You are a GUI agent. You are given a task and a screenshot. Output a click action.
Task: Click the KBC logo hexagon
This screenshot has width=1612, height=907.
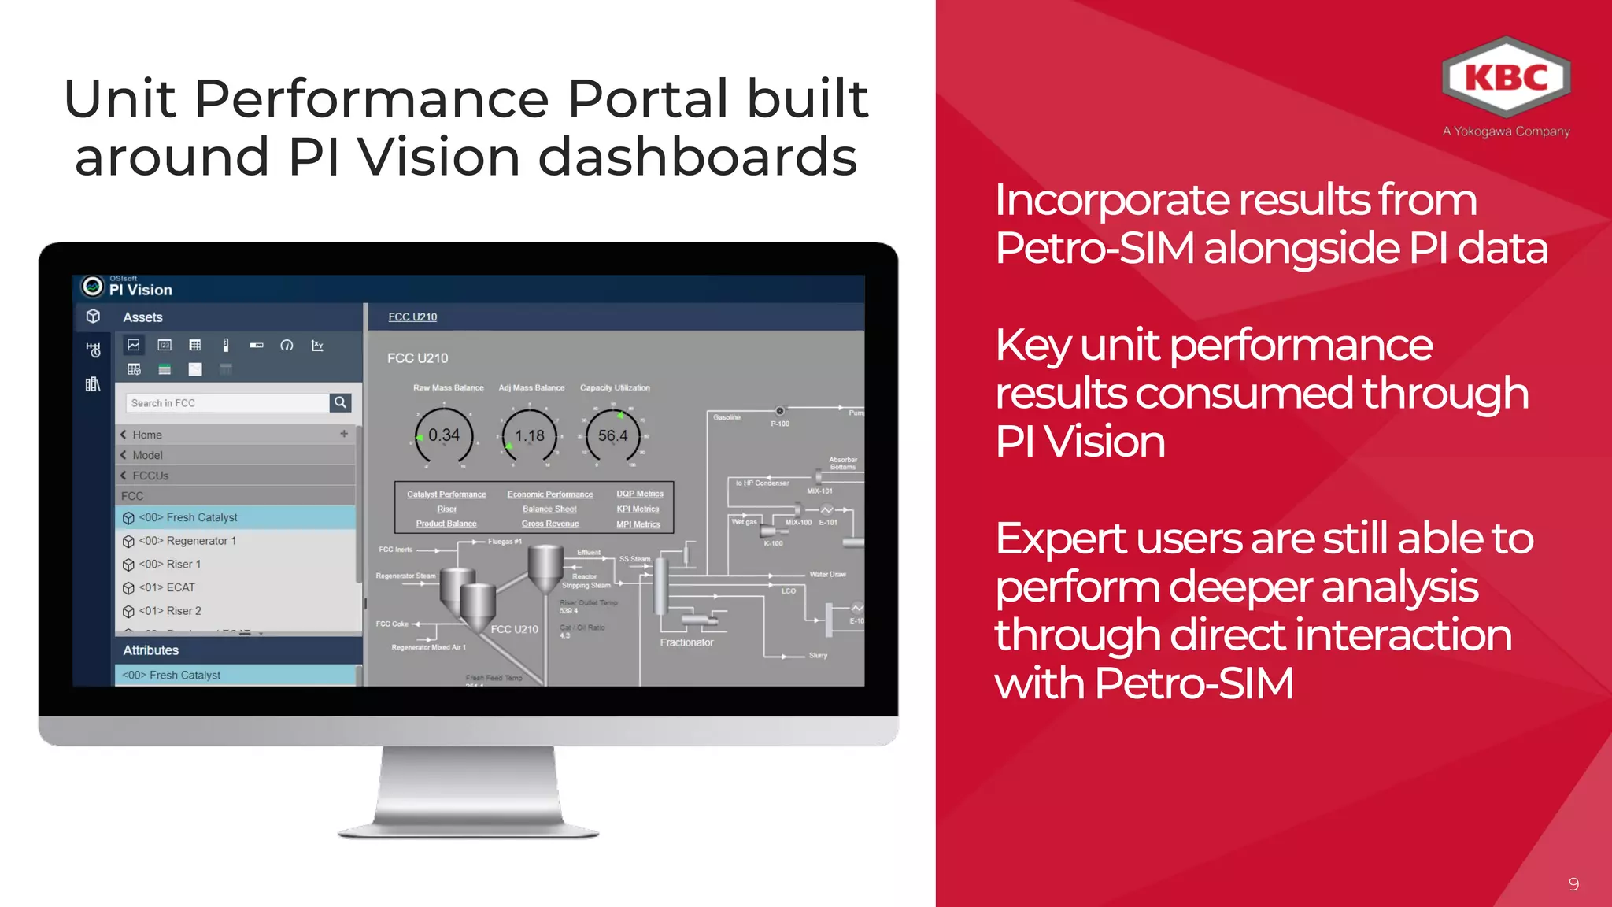click(x=1506, y=77)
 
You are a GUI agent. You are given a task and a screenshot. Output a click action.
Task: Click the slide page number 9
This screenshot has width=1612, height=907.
click(x=1573, y=884)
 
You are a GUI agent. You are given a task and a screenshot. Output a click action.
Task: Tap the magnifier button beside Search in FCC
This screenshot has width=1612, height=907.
click(x=340, y=402)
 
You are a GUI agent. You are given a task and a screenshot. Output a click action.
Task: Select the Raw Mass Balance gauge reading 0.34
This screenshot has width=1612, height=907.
click(x=444, y=435)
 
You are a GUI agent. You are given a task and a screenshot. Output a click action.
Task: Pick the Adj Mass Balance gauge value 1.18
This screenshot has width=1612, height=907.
click(x=530, y=435)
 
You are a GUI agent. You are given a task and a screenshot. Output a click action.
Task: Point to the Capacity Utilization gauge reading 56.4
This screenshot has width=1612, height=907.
click(x=612, y=435)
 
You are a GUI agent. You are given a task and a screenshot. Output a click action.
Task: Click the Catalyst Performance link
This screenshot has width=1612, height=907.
click(x=446, y=494)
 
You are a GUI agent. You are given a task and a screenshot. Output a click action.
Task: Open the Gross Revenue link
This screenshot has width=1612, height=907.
click(x=549, y=524)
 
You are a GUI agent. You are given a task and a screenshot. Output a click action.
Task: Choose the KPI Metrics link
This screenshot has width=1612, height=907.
click(x=638, y=509)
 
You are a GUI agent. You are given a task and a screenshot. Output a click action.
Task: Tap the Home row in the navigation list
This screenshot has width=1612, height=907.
click(x=147, y=435)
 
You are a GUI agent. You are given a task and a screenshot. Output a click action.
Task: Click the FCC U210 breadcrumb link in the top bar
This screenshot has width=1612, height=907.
click(x=412, y=317)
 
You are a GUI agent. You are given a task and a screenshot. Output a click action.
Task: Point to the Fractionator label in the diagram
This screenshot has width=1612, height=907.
click(x=686, y=642)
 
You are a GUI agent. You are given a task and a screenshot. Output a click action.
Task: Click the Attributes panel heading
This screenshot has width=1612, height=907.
click(x=151, y=650)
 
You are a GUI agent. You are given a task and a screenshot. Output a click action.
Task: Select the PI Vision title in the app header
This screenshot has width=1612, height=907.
click(x=140, y=290)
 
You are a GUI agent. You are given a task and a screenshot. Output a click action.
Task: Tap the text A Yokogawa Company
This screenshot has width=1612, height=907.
click(x=1506, y=131)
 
